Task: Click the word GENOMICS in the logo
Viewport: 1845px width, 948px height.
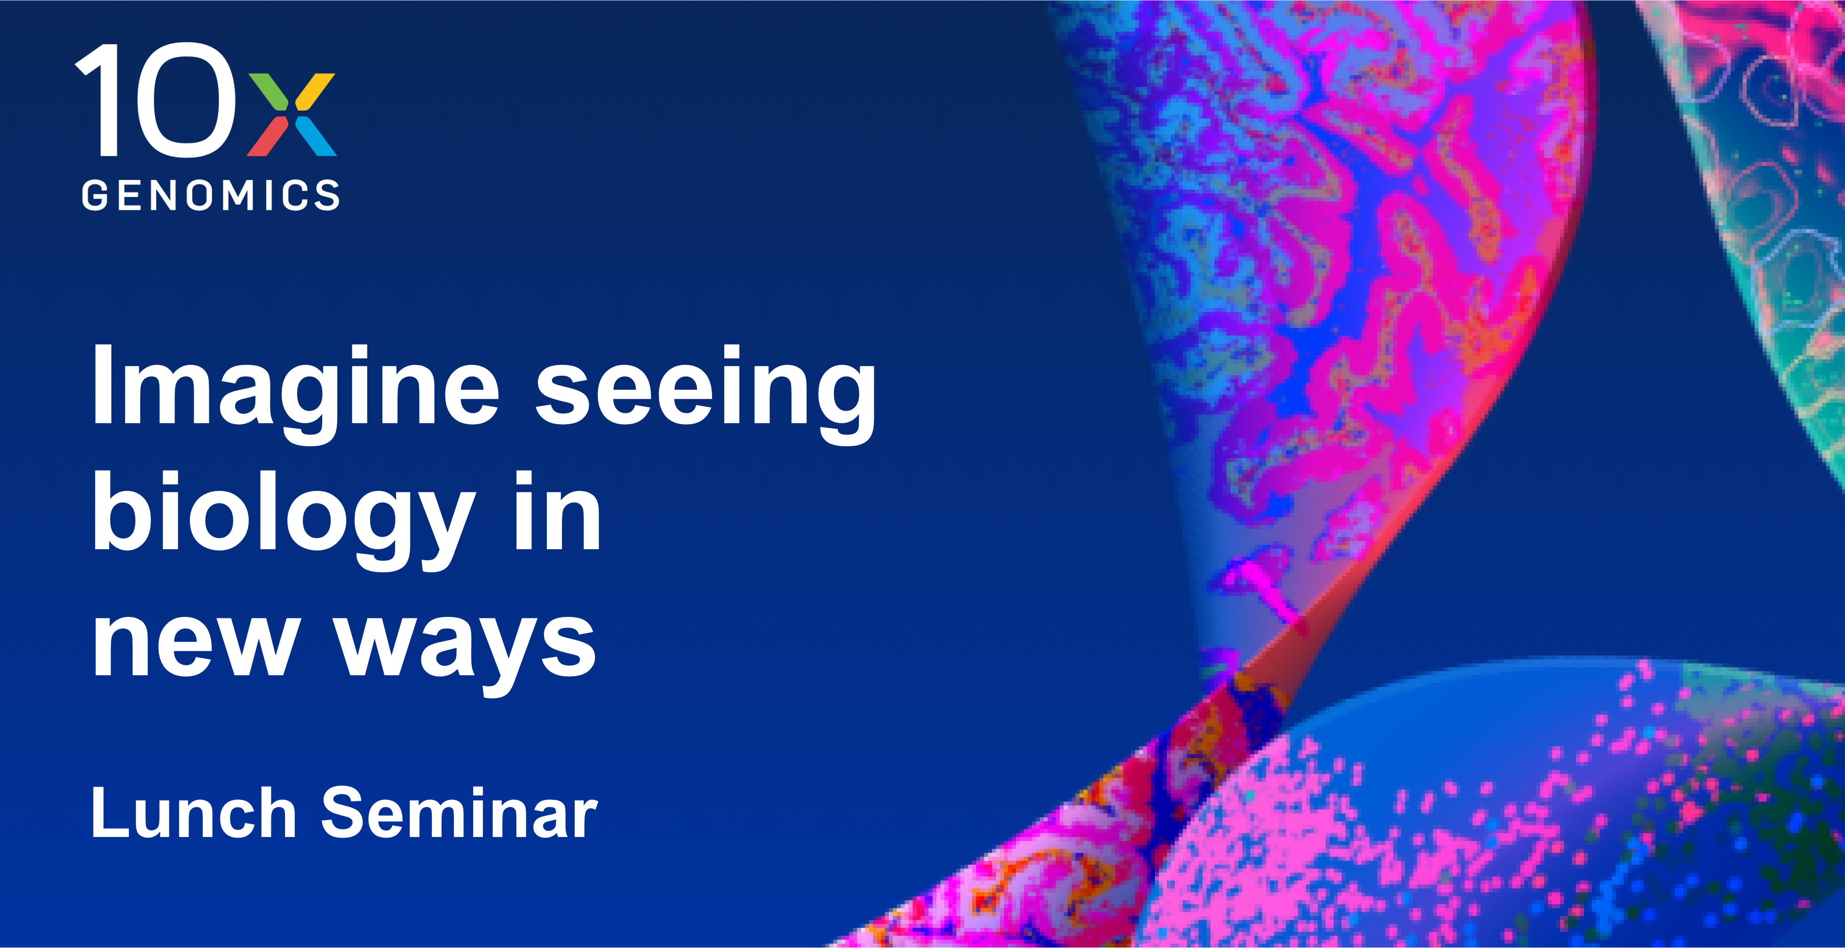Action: pos(211,195)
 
